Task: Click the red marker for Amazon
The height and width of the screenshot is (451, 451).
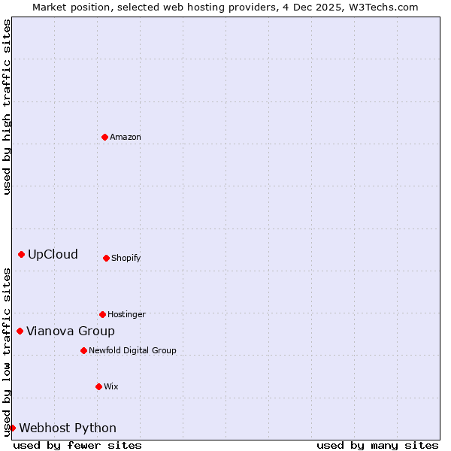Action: [105, 137]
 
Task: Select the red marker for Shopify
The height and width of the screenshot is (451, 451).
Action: [106, 258]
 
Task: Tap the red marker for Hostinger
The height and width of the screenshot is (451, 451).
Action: [102, 314]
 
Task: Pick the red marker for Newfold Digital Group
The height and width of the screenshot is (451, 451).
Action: [83, 350]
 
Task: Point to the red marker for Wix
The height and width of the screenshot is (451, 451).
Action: [98, 386]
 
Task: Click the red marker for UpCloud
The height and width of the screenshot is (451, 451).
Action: [21, 254]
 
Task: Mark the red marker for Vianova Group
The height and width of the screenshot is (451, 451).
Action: [20, 331]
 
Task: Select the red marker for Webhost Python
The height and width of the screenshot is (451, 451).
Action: [12, 428]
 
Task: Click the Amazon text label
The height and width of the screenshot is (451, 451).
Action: [126, 137]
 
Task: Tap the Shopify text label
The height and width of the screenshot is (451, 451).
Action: [126, 258]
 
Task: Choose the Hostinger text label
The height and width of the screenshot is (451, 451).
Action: [126, 314]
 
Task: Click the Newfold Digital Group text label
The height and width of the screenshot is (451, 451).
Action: [132, 350]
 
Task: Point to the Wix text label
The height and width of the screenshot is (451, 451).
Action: [111, 386]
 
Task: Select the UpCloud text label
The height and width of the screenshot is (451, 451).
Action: [53, 254]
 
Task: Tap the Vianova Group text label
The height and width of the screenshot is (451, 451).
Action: [71, 331]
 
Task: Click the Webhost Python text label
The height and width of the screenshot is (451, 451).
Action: [68, 428]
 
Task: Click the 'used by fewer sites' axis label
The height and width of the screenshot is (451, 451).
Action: [77, 445]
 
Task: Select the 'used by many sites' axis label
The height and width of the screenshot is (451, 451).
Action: [377, 445]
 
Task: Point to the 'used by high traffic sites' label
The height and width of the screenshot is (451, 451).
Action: [7, 107]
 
